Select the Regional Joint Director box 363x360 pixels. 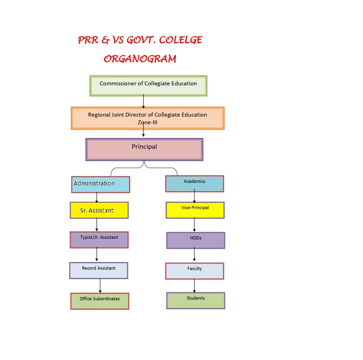tap(148, 118)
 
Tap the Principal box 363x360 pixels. tap(144, 149)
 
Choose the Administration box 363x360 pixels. tap(101, 184)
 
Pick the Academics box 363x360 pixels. tap(195, 184)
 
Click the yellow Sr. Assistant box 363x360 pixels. tap(99, 211)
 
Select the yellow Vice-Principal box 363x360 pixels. tap(195, 210)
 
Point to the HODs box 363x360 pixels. tap(195, 240)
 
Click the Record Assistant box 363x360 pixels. tap(98, 270)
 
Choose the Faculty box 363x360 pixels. tap(195, 271)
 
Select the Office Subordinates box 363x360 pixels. tap(100, 301)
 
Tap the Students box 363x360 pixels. tap(195, 300)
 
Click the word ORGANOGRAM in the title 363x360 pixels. tap(140, 58)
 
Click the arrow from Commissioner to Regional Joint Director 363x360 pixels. tap(144, 102)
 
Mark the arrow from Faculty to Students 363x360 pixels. tap(195, 286)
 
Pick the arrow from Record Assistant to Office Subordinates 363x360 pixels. tap(100, 286)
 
